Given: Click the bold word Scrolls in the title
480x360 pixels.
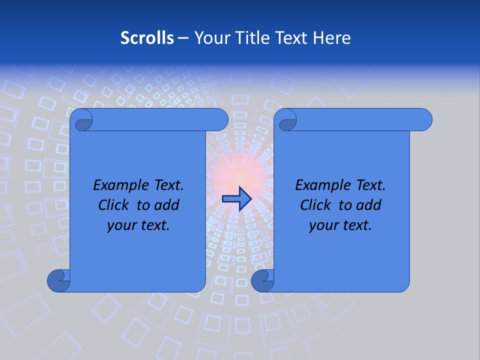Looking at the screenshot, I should [147, 38].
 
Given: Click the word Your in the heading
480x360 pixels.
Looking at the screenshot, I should [210, 38].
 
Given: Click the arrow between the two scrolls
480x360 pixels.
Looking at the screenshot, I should [236, 199].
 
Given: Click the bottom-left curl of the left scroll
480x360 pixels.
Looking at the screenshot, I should [58, 280].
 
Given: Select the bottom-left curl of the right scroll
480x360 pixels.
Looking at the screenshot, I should [262, 280].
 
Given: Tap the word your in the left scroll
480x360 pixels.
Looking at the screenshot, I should [121, 225].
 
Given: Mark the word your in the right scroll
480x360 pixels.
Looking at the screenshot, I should [323, 225].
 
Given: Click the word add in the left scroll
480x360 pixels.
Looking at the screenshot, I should [167, 205].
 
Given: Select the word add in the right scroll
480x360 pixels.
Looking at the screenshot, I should [369, 205].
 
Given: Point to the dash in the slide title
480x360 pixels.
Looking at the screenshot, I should [183, 38].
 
